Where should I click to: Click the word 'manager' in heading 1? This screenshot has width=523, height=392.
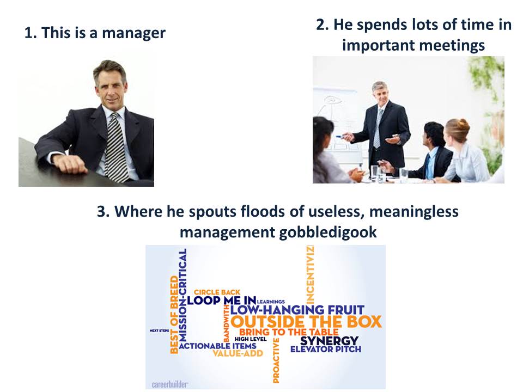point(133,33)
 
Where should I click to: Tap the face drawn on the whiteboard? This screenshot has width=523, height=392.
point(331,100)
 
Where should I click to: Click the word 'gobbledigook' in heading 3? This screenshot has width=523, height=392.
point(328,232)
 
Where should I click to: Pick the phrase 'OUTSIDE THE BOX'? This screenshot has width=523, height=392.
point(306,322)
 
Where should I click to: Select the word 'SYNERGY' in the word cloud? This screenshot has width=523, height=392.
point(329,341)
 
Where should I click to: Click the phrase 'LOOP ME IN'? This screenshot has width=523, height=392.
point(222,301)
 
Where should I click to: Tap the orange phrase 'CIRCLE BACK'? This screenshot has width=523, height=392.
point(217,292)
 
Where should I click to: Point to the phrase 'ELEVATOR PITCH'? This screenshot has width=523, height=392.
point(326,350)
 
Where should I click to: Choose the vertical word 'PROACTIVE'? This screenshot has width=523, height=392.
point(276,360)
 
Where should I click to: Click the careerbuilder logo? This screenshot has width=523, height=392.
point(170,384)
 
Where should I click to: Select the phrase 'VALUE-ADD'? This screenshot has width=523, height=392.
point(238,353)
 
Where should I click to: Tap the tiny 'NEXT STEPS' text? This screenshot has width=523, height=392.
point(160,330)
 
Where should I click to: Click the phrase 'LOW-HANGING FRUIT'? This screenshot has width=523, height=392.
point(297,310)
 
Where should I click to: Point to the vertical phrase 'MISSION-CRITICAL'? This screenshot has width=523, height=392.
point(183,295)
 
